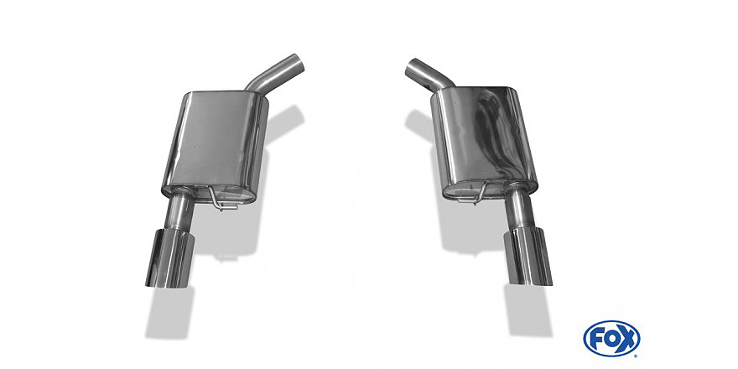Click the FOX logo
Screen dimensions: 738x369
click(611, 338)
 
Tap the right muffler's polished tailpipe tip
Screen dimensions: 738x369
click(528, 257)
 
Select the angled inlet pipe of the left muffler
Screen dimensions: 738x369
click(275, 74)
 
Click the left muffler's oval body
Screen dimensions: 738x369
click(215, 147)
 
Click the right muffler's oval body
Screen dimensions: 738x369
click(485, 141)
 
